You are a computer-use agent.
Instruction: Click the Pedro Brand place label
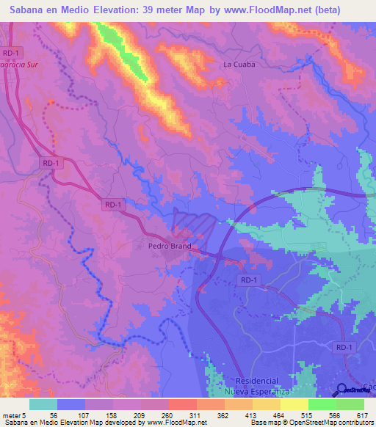coord(170,247)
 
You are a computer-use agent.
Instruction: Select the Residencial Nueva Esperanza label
coord(257,386)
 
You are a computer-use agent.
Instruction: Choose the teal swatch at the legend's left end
coord(43,404)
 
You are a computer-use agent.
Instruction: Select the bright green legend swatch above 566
coord(322,404)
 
